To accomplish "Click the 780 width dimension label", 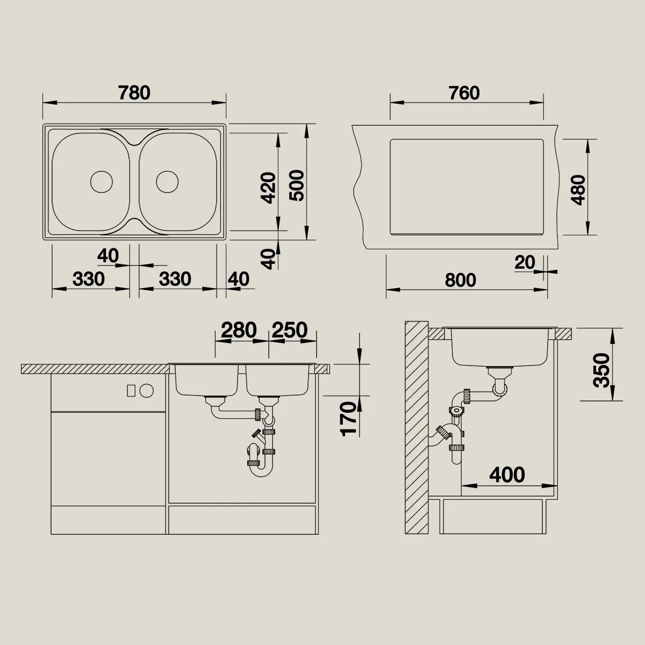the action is tap(134, 92).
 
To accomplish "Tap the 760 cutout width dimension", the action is tap(464, 92).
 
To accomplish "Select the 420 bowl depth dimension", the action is tap(268, 188).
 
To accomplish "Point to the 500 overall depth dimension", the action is tap(297, 185).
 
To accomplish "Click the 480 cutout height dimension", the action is tap(578, 190).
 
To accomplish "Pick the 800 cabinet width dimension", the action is tap(460, 280).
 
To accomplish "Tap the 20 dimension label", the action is tap(525, 262).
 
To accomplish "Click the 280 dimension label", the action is tap(239, 330).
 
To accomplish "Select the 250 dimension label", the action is tap(290, 330).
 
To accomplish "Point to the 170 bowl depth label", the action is tap(348, 419).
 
